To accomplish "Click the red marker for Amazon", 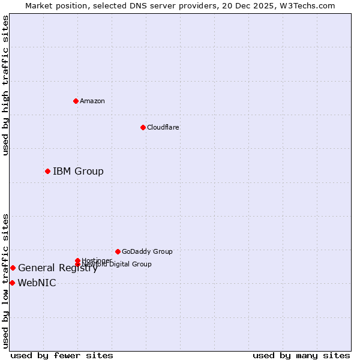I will click(76, 101).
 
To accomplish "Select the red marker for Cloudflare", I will click(143, 127).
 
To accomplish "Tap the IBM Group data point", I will click(47, 172).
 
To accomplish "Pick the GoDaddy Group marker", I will click(118, 251).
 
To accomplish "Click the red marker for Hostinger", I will click(77, 260).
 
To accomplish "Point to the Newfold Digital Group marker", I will click(77, 264).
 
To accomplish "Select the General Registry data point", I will click(13, 268).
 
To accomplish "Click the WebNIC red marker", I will click(12, 283).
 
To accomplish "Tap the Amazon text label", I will click(92, 101).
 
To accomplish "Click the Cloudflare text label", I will click(163, 127).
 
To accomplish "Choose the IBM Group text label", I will click(78, 172).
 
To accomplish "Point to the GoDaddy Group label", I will click(147, 251).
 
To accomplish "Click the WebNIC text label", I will click(37, 283).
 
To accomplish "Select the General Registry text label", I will click(58, 268).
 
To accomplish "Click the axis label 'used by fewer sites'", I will click(62, 355).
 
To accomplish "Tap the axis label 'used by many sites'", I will click(301, 355).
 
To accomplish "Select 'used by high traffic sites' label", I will click(5, 85).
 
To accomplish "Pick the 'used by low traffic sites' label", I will click(5, 281).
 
